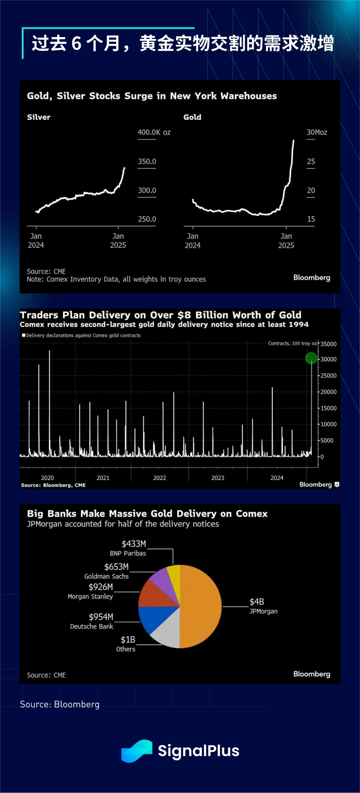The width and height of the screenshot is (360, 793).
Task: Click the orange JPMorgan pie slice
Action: tap(200, 606)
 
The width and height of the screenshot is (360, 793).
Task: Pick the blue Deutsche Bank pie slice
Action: tap(152, 618)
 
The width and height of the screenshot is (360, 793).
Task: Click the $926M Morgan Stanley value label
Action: tap(101, 587)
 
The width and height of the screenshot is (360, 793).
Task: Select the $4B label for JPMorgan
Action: tap(257, 602)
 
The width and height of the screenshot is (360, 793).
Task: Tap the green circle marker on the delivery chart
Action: tap(311, 358)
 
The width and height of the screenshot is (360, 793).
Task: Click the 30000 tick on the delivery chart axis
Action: tap(329, 359)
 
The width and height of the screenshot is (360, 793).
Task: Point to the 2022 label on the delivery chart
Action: tap(160, 478)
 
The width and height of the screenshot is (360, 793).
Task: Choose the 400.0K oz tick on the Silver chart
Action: tap(154, 132)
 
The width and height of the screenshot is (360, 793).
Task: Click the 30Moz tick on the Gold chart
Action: tap(317, 132)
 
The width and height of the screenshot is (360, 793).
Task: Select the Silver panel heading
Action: tap(39, 117)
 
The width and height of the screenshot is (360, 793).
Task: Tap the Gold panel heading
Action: tap(192, 117)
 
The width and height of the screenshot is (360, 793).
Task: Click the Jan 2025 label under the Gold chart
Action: tap(286, 241)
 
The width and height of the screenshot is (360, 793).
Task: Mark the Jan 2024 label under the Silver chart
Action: tap(36, 241)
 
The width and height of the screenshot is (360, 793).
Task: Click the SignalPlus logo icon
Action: tap(137, 751)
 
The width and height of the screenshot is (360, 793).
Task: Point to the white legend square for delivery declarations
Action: tap(24, 335)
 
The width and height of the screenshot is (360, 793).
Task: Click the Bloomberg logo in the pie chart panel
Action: tap(312, 674)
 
